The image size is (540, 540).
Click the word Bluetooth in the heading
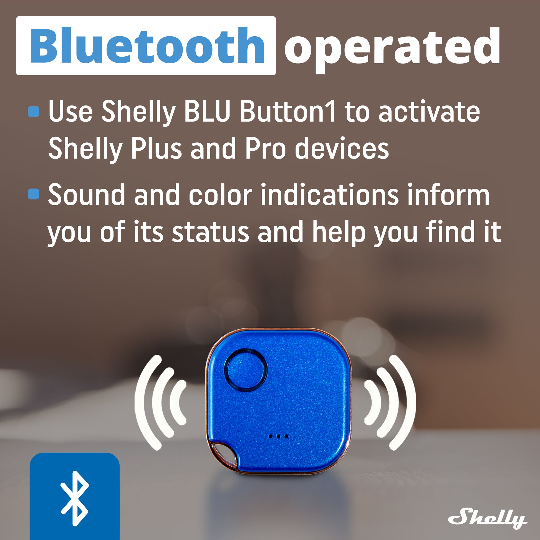[147, 45]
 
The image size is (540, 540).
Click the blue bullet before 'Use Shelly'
[34, 112]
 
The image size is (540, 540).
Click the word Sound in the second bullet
[86, 195]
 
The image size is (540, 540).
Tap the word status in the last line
[210, 232]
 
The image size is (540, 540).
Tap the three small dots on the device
[278, 436]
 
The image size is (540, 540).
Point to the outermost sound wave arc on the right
[409, 403]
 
